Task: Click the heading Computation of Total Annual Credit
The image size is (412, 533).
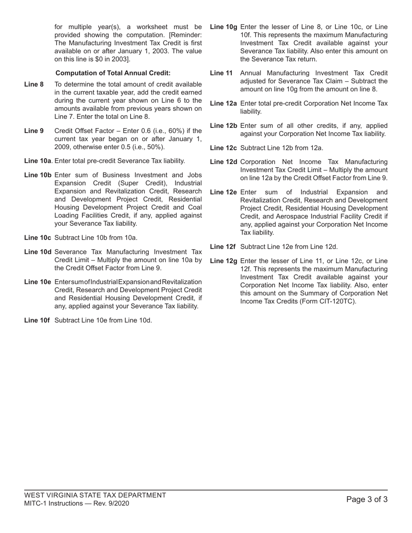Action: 113,73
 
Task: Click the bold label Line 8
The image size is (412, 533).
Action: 34,84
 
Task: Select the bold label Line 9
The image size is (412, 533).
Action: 34,131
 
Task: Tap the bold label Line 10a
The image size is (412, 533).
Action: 38,161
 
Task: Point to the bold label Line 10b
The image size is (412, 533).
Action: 38,175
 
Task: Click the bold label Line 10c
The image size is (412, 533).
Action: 38,237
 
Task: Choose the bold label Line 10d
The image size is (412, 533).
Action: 38,252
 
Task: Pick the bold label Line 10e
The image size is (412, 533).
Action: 38,282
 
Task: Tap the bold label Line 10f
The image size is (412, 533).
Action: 37,320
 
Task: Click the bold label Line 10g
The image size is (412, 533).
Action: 223,27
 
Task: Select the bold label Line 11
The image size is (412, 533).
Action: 221,73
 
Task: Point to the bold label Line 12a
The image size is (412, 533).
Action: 223,103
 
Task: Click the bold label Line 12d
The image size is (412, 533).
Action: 223,162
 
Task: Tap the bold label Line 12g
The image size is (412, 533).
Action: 223,261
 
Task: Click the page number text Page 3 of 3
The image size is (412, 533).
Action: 367,500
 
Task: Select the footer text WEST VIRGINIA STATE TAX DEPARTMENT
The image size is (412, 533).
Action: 95,495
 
